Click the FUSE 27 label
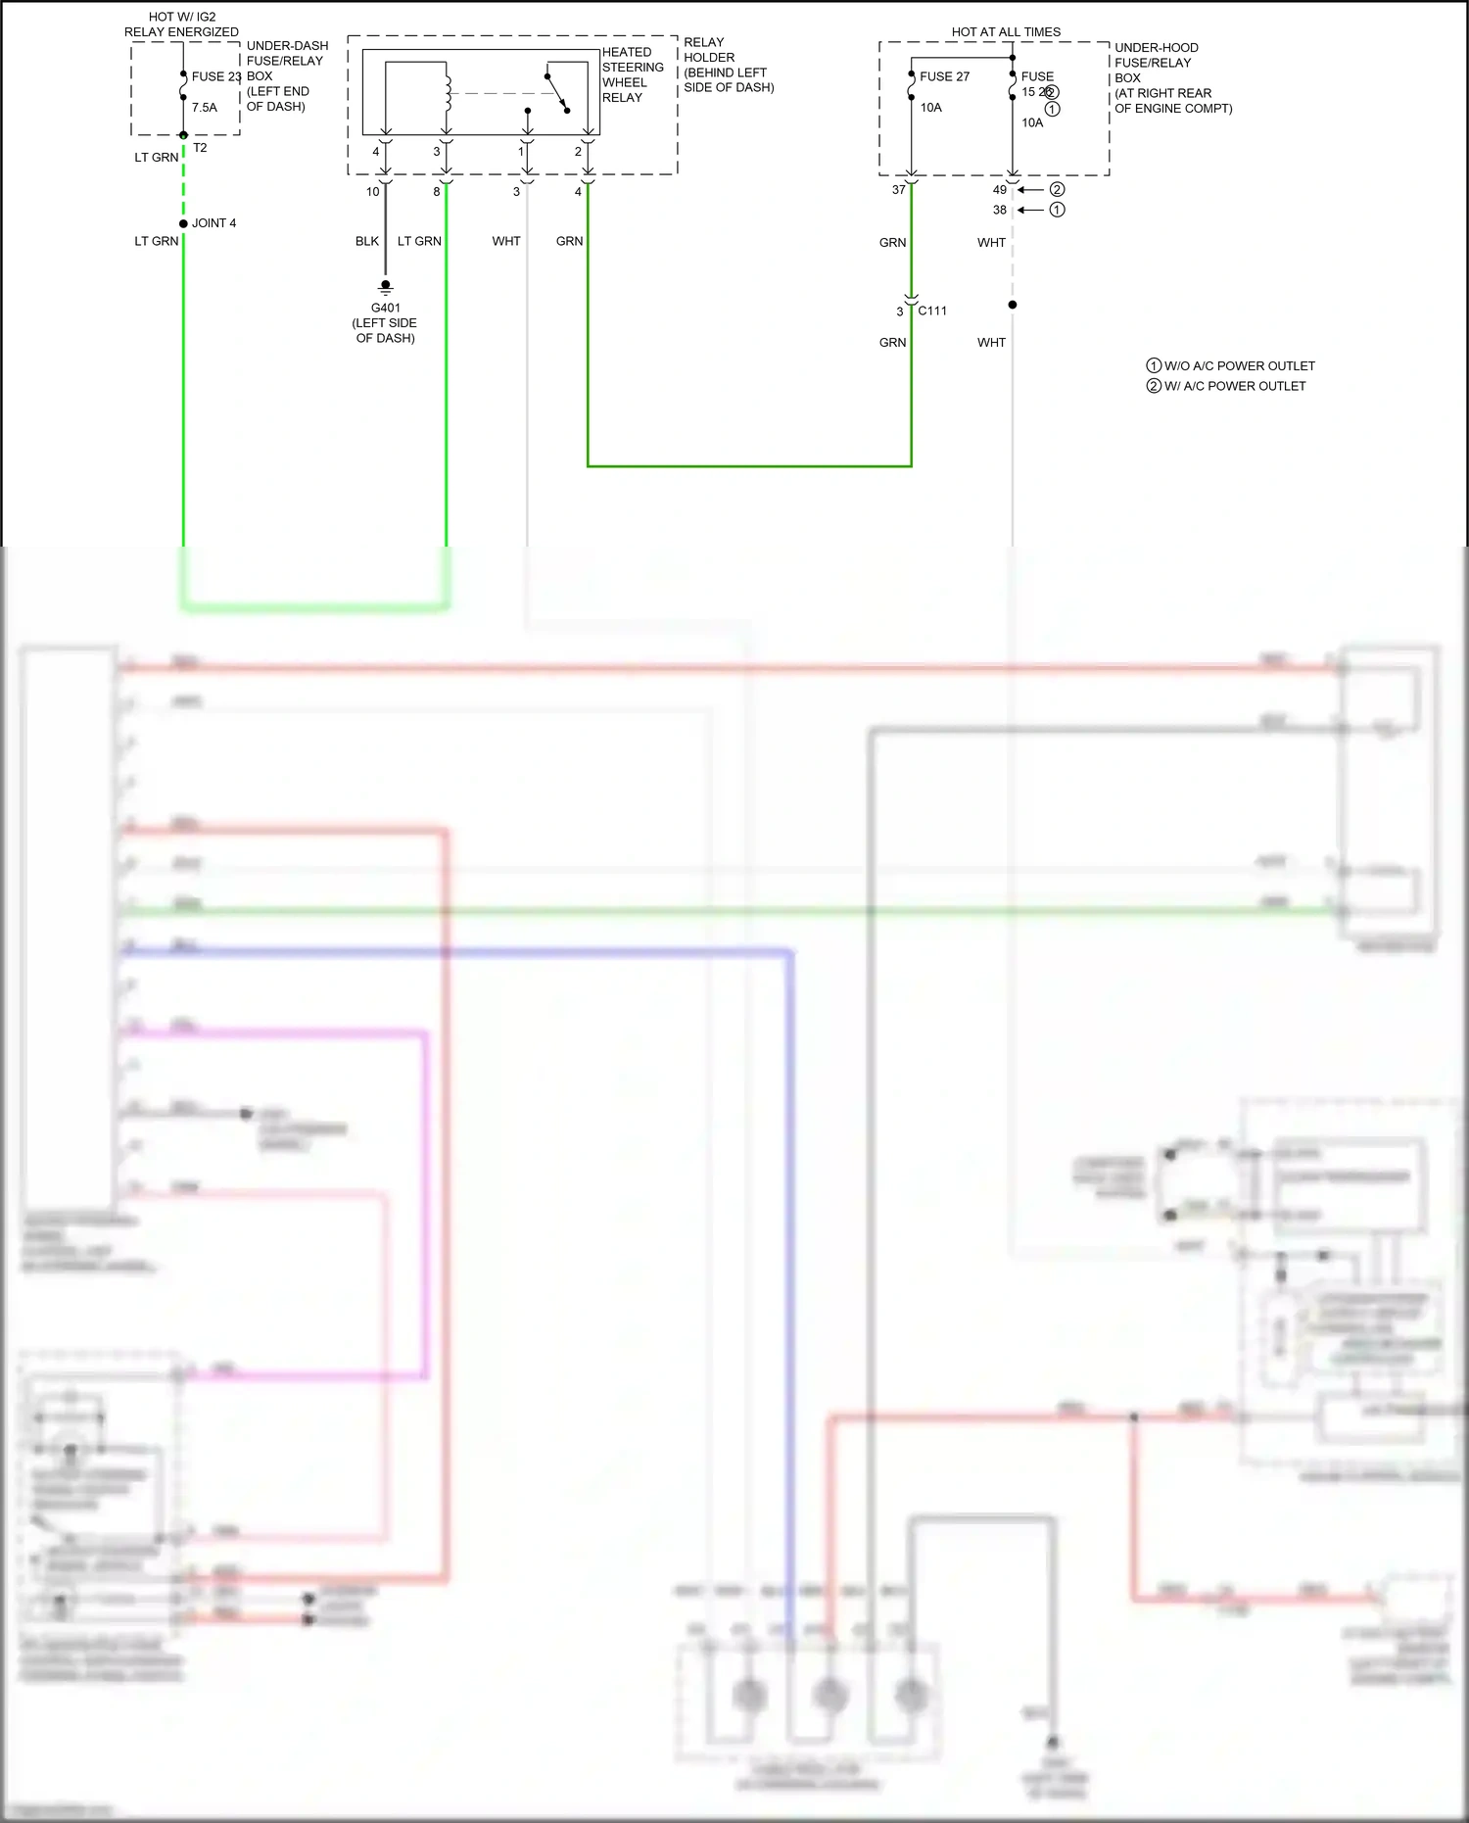tap(944, 76)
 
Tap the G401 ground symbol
tap(386, 287)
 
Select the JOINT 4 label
tap(213, 223)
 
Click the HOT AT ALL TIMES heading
tap(1006, 32)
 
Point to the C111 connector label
tap(932, 311)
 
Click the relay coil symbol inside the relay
tap(448, 89)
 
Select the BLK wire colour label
tap(367, 241)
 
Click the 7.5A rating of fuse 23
tap(205, 108)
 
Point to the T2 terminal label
tap(200, 148)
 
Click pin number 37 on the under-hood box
tap(898, 190)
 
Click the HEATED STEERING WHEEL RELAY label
tap(632, 74)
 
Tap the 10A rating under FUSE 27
tap(930, 108)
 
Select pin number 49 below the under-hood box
tap(999, 190)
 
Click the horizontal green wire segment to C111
tap(749, 466)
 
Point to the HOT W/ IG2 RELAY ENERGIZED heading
tap(181, 24)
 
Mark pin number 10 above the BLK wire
tap(372, 192)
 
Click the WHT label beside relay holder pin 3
tap(506, 241)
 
